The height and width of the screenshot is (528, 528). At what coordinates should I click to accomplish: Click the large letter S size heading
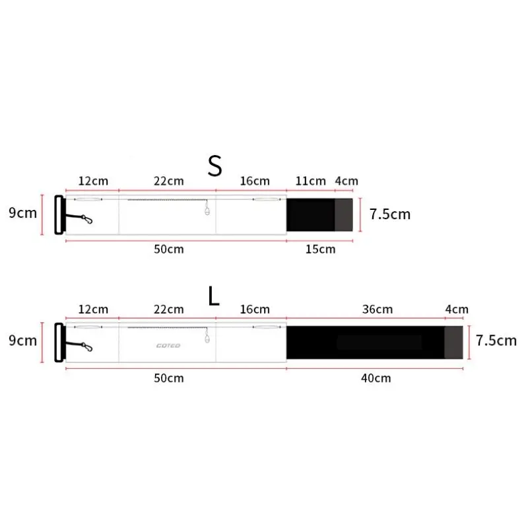215,166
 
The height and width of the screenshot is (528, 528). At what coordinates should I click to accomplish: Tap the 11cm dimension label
310,181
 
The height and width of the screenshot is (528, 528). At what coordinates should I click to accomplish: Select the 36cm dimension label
378,309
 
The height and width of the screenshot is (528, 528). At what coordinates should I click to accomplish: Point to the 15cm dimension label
320,249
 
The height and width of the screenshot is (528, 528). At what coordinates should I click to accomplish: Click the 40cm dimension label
376,378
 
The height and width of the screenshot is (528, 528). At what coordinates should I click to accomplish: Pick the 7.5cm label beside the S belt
390,214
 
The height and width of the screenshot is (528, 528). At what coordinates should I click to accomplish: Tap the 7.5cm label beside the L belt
496,341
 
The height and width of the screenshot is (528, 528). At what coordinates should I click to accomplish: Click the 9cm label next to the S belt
23,213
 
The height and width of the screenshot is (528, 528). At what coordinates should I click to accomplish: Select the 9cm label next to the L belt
23,341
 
